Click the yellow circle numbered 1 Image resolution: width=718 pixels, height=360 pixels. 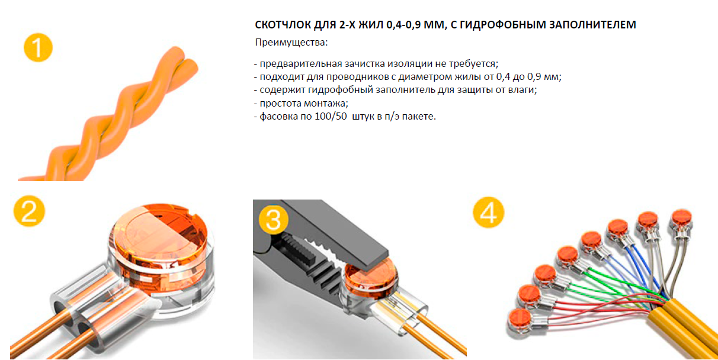pos(38,47)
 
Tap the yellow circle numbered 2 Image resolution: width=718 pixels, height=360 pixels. pos(29,211)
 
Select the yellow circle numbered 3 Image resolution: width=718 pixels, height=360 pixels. pos(274,220)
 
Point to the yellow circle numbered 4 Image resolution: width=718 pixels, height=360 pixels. pos(489,213)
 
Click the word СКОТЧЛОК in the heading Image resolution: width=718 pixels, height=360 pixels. pos(283,25)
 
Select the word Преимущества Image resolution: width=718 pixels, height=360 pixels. pos(290,42)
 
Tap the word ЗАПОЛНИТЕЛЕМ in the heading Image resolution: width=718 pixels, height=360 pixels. pos(592,25)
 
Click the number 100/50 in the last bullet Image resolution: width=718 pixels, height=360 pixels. pos(331,116)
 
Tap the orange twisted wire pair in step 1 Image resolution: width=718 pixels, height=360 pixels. pos(109,115)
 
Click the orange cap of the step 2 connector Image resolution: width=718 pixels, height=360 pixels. pos(161,236)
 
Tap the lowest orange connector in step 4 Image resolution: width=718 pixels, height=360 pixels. pos(520,319)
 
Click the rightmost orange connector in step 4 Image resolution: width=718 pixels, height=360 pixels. pos(682,218)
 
